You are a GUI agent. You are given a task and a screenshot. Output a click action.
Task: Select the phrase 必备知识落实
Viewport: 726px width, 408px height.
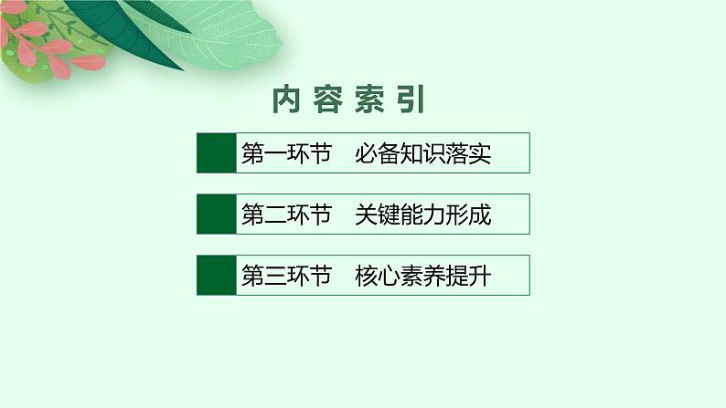coord(424,153)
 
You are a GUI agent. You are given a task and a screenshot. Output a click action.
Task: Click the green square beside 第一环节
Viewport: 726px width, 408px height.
coord(215,153)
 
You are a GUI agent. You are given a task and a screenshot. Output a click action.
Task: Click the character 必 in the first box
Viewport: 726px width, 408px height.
coord(368,153)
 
